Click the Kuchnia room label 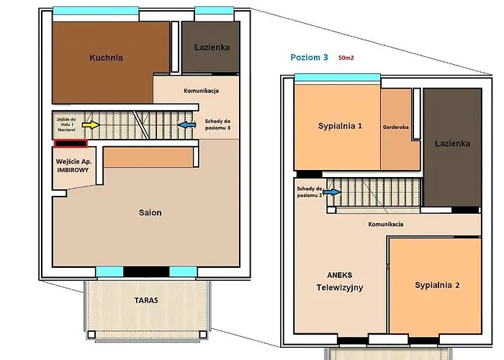coord(106,58)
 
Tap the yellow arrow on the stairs coord(91,125)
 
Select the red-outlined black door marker coord(71,143)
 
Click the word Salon coord(150,212)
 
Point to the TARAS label coord(146,300)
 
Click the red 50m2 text coord(346,58)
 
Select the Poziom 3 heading coord(309,57)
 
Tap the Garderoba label coord(396,127)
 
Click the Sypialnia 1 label coord(340,126)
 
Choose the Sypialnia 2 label coord(437,285)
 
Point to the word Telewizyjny coord(340,287)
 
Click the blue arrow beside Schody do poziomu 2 coord(332,192)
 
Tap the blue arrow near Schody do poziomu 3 coord(186,125)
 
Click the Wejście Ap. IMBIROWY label coord(73,166)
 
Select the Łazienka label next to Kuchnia coord(212,48)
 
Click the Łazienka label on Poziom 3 coord(453,143)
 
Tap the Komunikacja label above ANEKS coord(386,224)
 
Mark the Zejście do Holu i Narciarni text coord(66,125)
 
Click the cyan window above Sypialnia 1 coord(338,78)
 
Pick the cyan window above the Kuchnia coord(96,11)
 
